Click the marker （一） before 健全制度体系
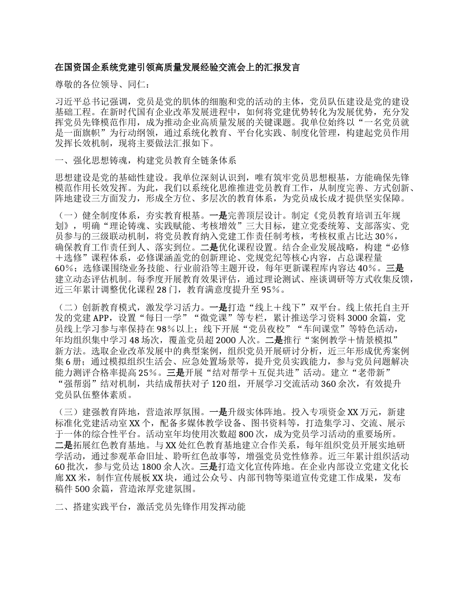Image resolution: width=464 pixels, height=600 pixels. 65,215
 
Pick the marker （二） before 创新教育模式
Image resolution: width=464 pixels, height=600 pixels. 65,308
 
